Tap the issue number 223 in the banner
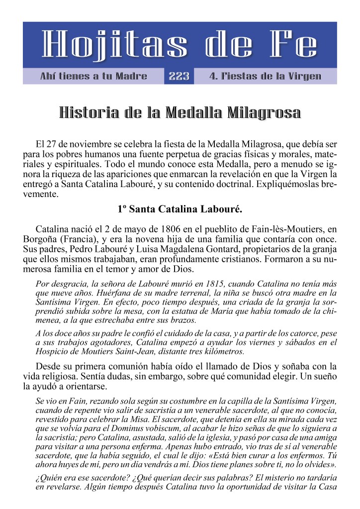(179, 76)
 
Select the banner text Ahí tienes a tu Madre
(93, 76)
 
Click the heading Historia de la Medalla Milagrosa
(180, 112)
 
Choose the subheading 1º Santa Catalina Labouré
(180, 209)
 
